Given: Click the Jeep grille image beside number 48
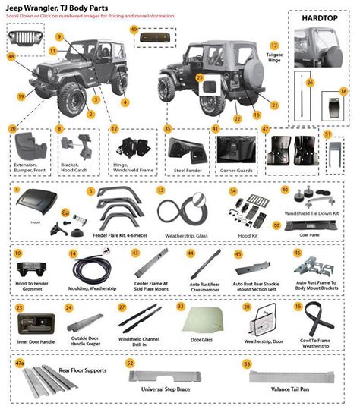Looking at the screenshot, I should [21, 37].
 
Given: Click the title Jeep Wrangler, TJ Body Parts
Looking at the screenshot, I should [46, 8].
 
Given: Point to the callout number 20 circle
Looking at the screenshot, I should [13, 129].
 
